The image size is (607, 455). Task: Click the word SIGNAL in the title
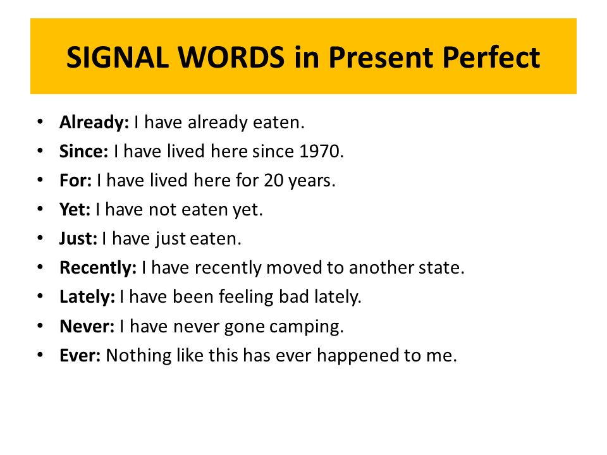pyautogui.click(x=118, y=58)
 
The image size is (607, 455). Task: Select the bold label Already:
pyautogui.click(x=94, y=123)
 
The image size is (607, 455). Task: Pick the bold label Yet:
pyautogui.click(x=75, y=209)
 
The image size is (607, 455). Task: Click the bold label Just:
pyautogui.click(x=78, y=239)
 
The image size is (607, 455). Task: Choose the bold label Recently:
pyautogui.click(x=98, y=268)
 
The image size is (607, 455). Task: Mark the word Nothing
pyautogui.click(x=139, y=356)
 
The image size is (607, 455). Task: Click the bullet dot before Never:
pyautogui.click(x=40, y=326)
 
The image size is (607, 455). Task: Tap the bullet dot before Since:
pyautogui.click(x=40, y=150)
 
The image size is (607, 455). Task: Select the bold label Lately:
pyautogui.click(x=87, y=297)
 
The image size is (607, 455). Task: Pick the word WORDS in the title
pyautogui.click(x=231, y=58)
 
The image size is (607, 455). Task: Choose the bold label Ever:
pyautogui.click(x=80, y=355)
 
